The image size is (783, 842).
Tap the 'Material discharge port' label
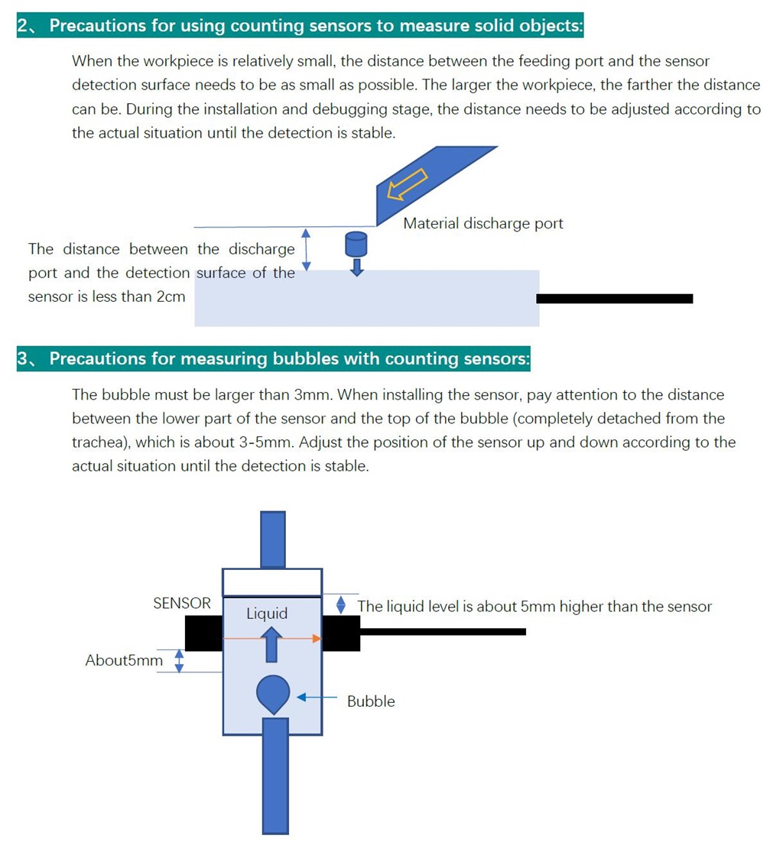pos(482,224)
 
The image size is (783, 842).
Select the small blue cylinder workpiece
pos(356,244)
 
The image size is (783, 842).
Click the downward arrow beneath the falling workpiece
pos(356,267)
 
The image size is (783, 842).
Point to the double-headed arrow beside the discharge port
pos(307,249)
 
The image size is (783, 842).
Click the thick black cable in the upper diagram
pos(614,298)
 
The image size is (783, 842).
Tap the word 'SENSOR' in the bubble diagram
pos(182,604)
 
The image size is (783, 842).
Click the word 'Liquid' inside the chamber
pos(267,614)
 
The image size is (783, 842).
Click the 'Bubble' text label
pos(371,701)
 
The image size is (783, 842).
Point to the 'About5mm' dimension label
pos(124,660)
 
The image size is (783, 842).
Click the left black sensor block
pos(203,634)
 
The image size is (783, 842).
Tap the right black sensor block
pos(341,634)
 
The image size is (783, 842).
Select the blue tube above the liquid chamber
pos(272,539)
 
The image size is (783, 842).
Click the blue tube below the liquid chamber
pos(275,776)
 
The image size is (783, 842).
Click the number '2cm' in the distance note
pos(171,296)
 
